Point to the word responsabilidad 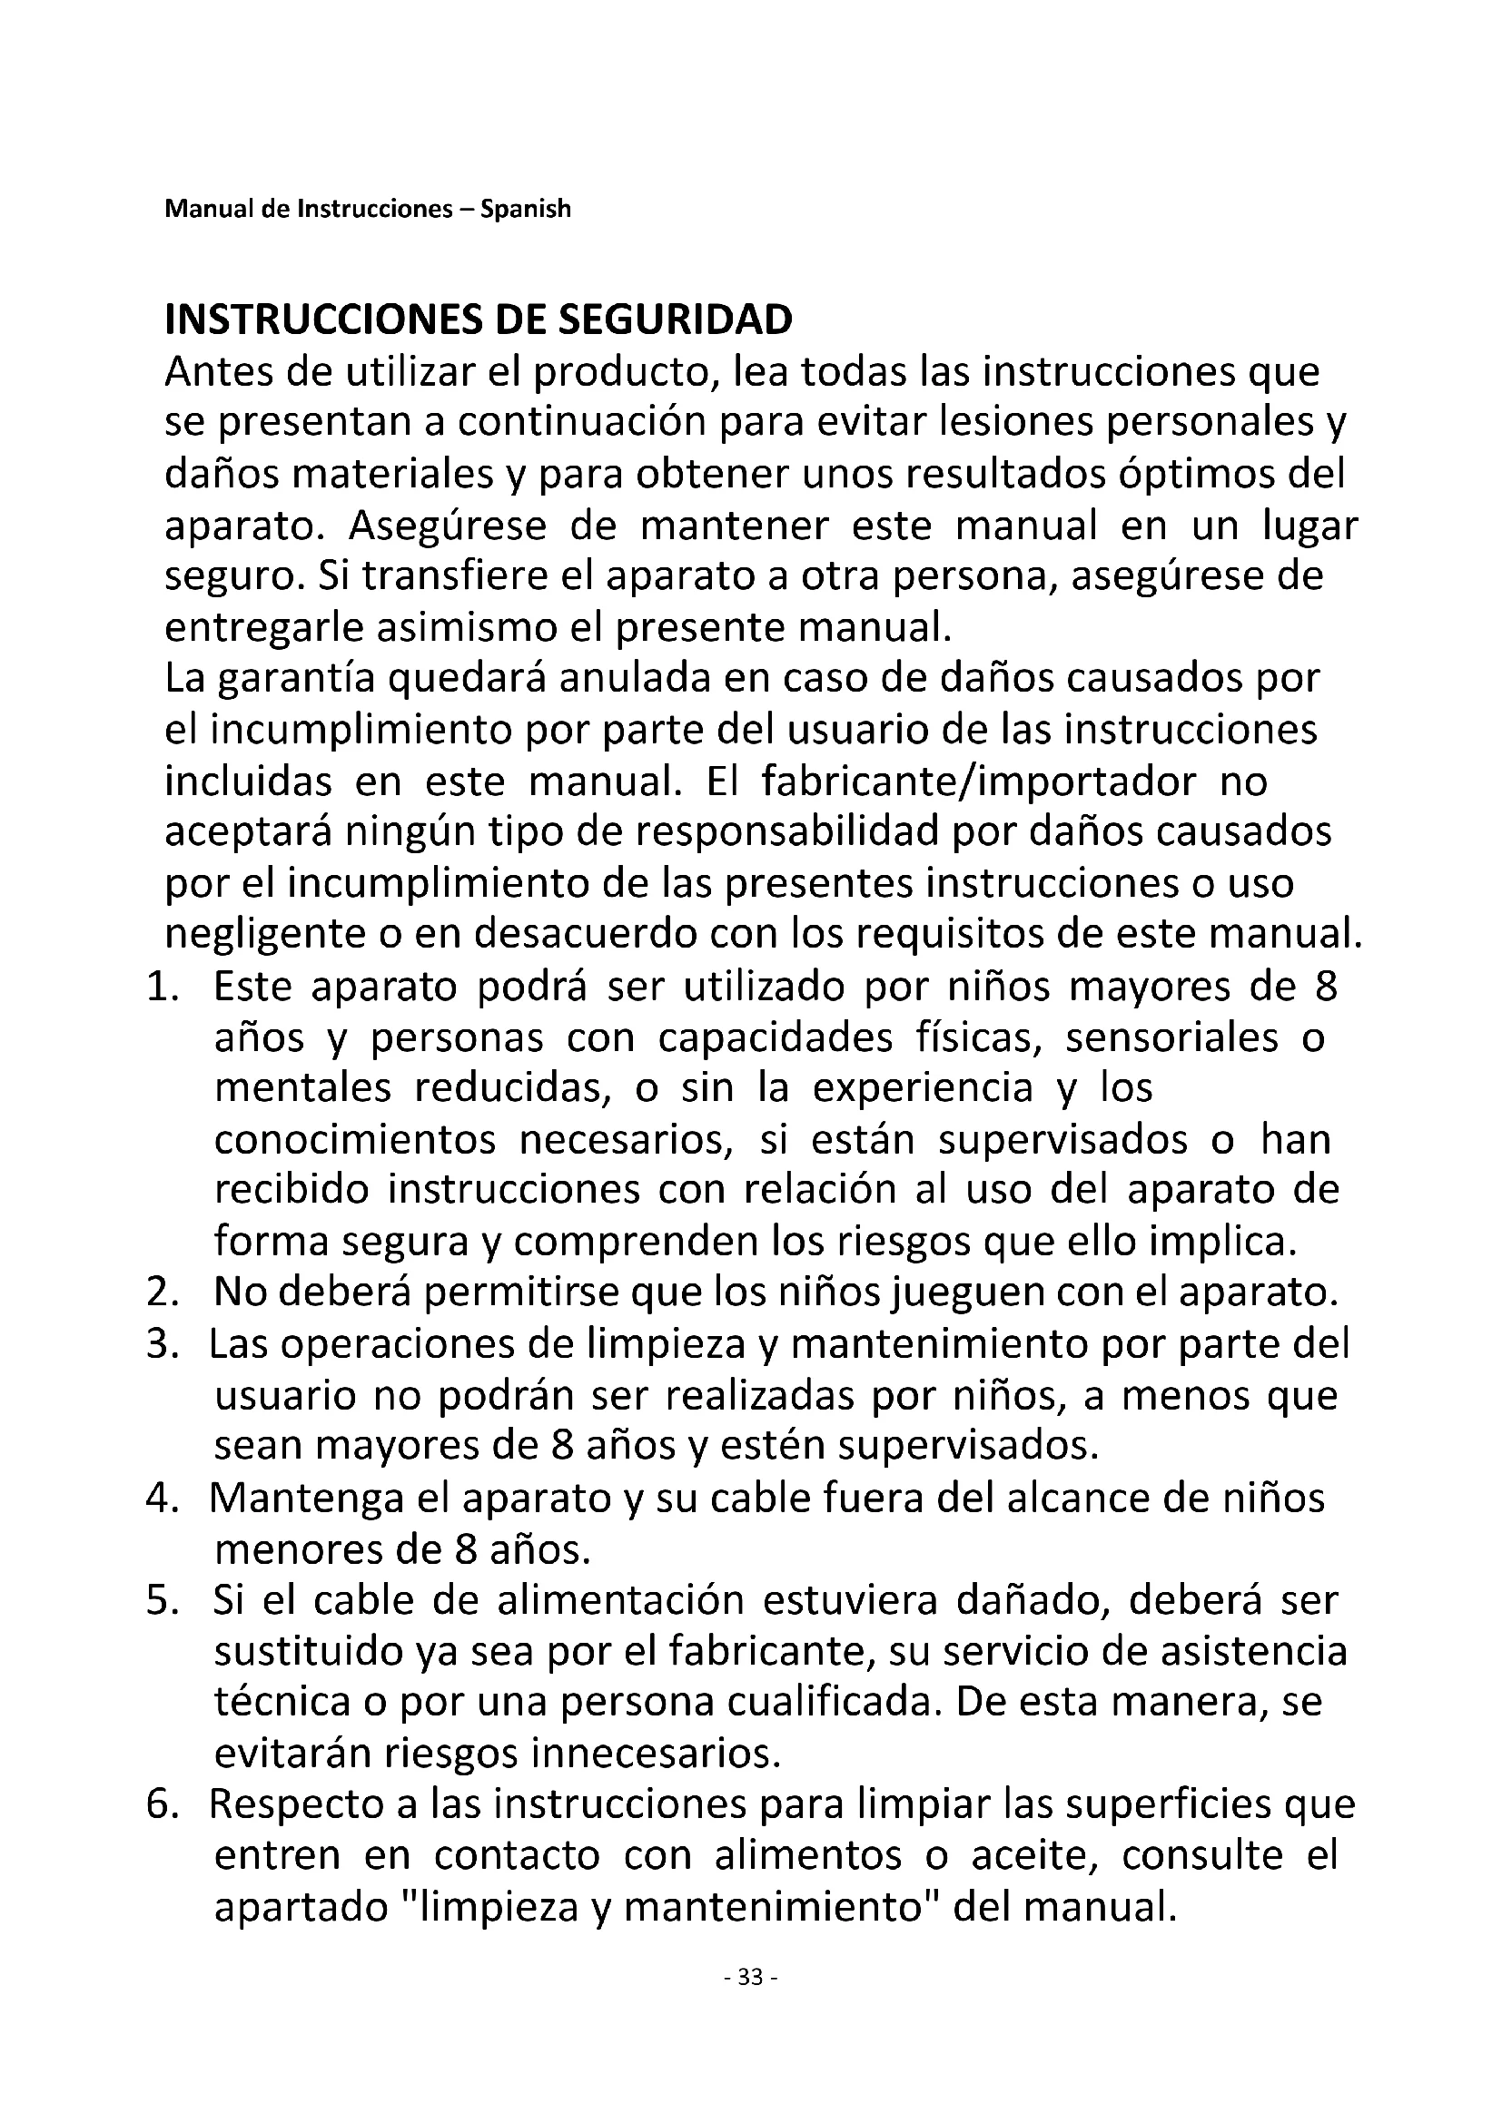772,832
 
